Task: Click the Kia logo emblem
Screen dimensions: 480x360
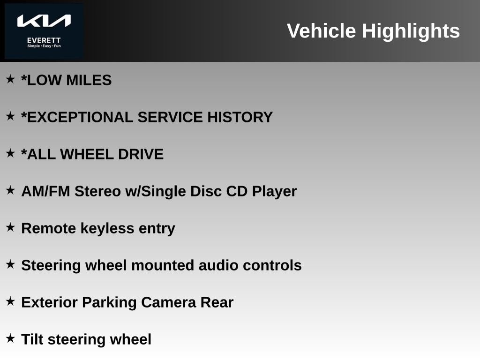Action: pyautogui.click(x=44, y=21)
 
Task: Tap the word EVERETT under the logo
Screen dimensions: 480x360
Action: pyautogui.click(x=44, y=40)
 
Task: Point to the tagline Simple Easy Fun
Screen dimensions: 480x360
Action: pyautogui.click(x=44, y=46)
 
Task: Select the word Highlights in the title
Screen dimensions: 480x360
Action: pyautogui.click(x=411, y=31)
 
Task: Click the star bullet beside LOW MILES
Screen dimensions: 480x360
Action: pyautogui.click(x=10, y=79)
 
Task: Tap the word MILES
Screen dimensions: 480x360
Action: pyautogui.click(x=89, y=80)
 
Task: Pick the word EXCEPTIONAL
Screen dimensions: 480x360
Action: pyautogui.click(x=80, y=117)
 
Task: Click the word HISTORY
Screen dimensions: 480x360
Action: pyautogui.click(x=240, y=117)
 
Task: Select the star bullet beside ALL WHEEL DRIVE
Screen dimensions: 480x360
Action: pyautogui.click(x=10, y=153)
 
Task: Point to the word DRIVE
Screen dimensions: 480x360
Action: pyautogui.click(x=141, y=154)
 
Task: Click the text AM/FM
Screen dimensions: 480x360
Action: pyautogui.click(x=45, y=191)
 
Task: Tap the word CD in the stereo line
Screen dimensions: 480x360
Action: pyautogui.click(x=237, y=191)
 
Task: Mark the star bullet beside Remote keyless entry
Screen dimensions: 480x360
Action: pyautogui.click(x=10, y=227)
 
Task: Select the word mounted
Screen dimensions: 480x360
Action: pyautogui.click(x=163, y=265)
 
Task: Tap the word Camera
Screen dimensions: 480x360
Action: pyautogui.click(x=168, y=302)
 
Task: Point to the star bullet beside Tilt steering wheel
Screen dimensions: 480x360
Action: pyautogui.click(x=10, y=338)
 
